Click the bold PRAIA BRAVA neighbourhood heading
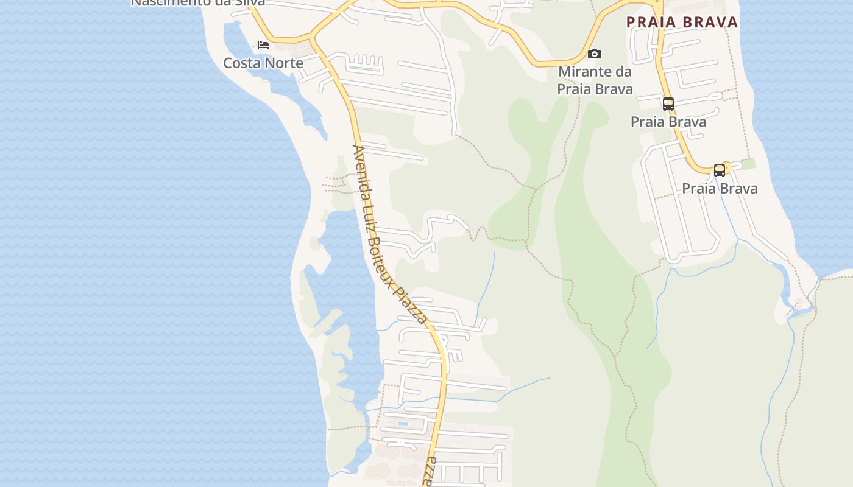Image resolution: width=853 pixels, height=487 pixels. click(x=682, y=23)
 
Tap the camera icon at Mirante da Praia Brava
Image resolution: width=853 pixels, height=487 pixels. click(x=594, y=54)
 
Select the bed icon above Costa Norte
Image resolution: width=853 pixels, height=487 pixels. click(x=263, y=45)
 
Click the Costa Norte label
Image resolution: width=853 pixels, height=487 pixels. click(x=263, y=63)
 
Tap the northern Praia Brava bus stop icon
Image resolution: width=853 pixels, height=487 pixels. click(x=668, y=104)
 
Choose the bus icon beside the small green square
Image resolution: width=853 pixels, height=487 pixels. click(x=720, y=170)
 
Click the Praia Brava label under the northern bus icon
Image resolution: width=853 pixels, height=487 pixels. click(x=668, y=122)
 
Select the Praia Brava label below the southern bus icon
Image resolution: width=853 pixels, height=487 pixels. click(x=720, y=189)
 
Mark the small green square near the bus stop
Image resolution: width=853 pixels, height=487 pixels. click(x=748, y=163)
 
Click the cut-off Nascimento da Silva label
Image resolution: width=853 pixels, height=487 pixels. click(x=198, y=2)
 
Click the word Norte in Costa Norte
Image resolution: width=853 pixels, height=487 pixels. click(x=284, y=63)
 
